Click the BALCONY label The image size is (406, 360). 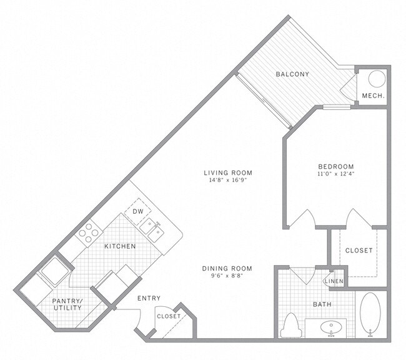click(293, 74)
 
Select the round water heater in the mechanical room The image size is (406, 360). click(377, 79)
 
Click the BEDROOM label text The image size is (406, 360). click(336, 166)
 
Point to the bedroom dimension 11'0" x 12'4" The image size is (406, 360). click(336, 174)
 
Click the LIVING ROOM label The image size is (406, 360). click(231, 173)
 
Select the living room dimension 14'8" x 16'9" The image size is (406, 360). click(231, 182)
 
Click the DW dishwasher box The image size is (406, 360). click(138, 212)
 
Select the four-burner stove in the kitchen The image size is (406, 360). click(89, 232)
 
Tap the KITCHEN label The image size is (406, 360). click(120, 247)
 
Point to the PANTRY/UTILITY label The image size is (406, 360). click(66, 304)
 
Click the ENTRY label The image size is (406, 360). click(149, 298)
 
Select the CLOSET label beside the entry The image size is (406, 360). click(169, 316)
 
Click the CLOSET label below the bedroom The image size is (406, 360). click(359, 250)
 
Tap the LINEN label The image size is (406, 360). click(334, 282)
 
